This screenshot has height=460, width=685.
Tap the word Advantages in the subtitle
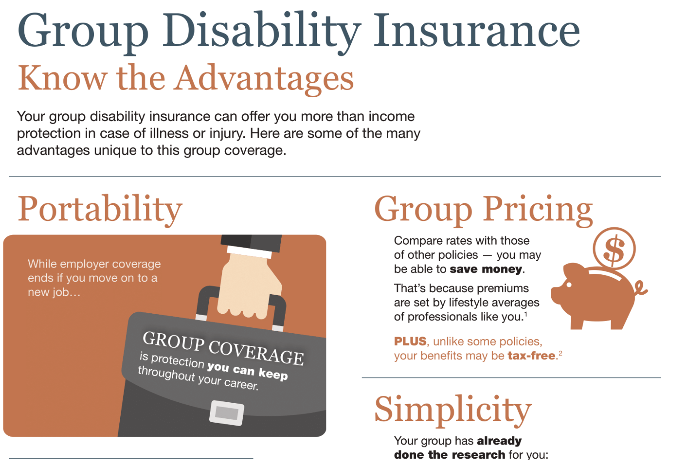pyautogui.click(x=265, y=79)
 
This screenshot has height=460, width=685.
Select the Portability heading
pyautogui.click(x=100, y=210)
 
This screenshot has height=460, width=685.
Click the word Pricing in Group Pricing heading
pyautogui.click(x=538, y=209)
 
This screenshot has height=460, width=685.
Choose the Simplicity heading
pyautogui.click(x=453, y=409)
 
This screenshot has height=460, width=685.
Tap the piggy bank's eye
pyautogui.click(x=568, y=284)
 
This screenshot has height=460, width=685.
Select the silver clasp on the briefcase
pyautogui.click(x=227, y=413)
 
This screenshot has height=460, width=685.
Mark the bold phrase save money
pyautogui.click(x=486, y=269)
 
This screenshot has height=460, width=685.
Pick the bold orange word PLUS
pyautogui.click(x=410, y=342)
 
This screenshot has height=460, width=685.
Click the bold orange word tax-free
pyautogui.click(x=531, y=356)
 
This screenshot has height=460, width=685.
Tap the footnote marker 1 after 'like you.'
pyautogui.click(x=526, y=314)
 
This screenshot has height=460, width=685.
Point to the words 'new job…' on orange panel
pyautogui.click(x=54, y=292)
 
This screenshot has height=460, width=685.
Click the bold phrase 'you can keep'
pyautogui.click(x=247, y=370)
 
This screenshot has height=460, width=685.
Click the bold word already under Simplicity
pyautogui.click(x=499, y=441)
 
